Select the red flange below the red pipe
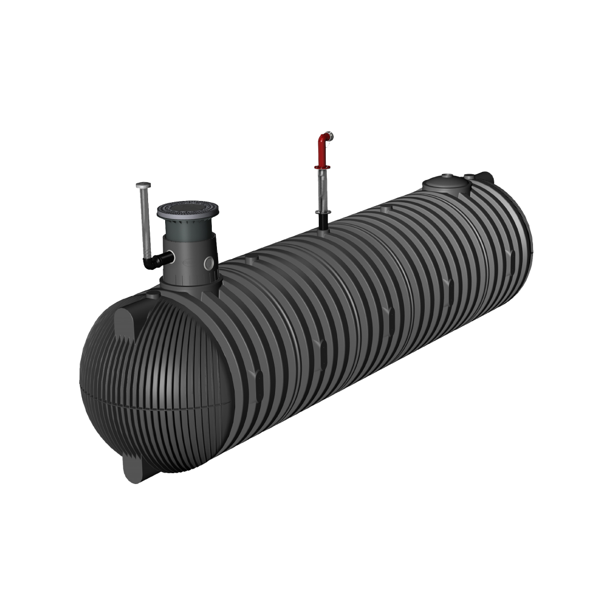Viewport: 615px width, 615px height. (322, 167)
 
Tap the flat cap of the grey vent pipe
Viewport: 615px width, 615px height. (143, 185)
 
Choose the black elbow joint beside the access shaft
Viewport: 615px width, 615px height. (153, 261)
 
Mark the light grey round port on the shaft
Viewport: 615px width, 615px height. (209, 263)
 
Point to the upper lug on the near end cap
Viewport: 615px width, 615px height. (125, 324)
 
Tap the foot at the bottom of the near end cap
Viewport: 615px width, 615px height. (134, 468)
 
